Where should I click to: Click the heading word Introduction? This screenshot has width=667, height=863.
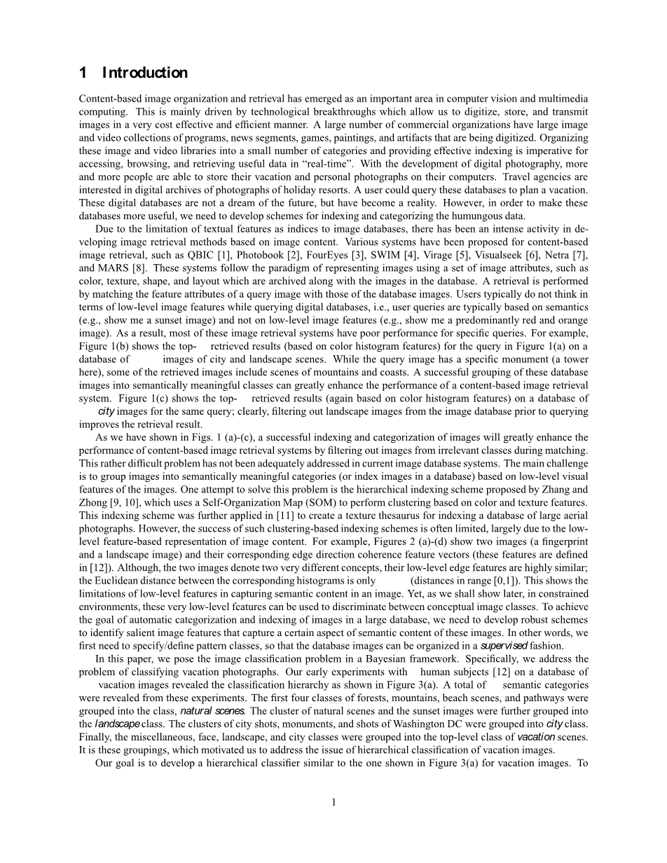[145, 73]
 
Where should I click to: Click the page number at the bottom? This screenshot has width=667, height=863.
[334, 802]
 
